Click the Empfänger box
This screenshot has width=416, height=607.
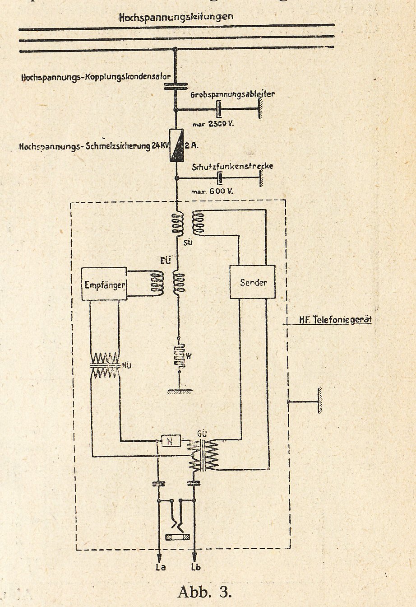pyautogui.click(x=104, y=284)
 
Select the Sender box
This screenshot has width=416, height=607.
pyautogui.click(x=253, y=282)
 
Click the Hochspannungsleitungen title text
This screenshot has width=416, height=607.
pyautogui.click(x=176, y=17)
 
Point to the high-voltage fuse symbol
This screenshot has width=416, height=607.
pyautogui.click(x=176, y=145)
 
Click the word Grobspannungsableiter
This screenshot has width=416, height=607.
pyautogui.click(x=232, y=95)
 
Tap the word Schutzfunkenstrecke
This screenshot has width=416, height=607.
pyautogui.click(x=232, y=166)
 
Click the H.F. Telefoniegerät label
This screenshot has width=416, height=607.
pyautogui.click(x=335, y=320)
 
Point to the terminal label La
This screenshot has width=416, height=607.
pyautogui.click(x=160, y=567)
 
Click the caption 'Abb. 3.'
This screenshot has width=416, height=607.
pyautogui.click(x=205, y=592)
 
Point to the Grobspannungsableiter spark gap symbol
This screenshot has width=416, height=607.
pyautogui.click(x=219, y=109)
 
